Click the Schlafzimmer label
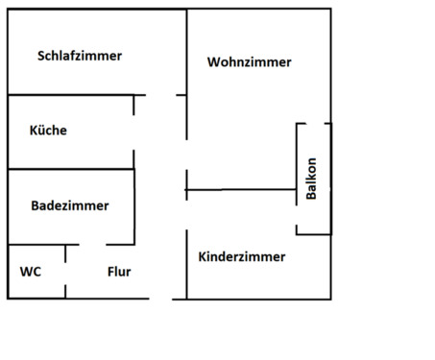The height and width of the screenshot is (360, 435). tap(80, 56)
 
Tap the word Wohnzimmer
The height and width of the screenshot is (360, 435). tap(249, 62)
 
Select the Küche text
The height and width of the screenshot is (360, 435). tap(48, 131)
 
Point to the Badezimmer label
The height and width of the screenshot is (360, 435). tap(69, 205)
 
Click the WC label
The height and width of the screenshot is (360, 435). tap(30, 272)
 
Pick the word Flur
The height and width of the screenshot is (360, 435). tap(119, 272)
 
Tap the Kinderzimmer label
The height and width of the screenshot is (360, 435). tap(242, 257)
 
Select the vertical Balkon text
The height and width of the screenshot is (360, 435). tap(311, 179)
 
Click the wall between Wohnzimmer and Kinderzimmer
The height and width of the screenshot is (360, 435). tap(240, 190)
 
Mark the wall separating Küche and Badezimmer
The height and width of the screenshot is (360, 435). tap(67, 169)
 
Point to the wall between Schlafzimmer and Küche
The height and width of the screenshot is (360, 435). tap(67, 94)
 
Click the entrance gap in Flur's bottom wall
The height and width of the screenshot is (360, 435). tap(161, 299)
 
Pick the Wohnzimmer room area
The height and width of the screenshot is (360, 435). tap(240, 125)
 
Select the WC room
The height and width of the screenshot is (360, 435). tap(36, 285)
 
